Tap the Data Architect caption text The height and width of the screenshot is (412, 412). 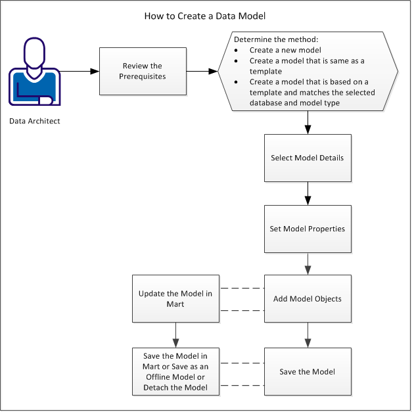39,121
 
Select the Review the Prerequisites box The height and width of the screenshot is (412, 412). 142,71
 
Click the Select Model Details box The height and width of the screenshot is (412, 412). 307,158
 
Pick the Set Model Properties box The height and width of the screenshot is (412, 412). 307,229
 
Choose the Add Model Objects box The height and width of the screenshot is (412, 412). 307,299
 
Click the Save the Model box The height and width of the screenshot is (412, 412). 307,371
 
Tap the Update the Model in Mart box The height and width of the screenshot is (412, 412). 175,299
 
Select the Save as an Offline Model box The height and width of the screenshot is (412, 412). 175,371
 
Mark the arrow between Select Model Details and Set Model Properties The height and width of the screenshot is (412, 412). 308,194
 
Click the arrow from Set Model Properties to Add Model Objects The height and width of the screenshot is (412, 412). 308,264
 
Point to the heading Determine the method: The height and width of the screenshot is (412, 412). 267,39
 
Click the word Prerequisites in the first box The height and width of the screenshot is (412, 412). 142,76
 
